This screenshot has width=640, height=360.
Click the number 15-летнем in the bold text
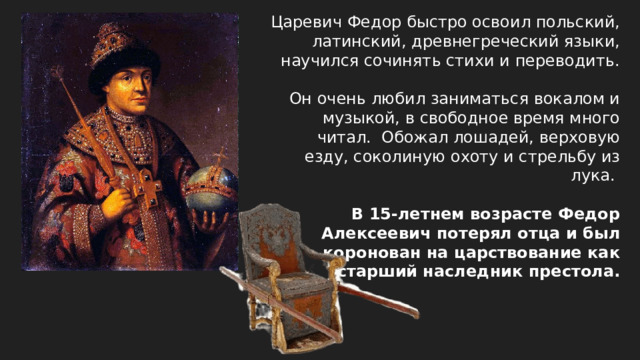click(x=414, y=213)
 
